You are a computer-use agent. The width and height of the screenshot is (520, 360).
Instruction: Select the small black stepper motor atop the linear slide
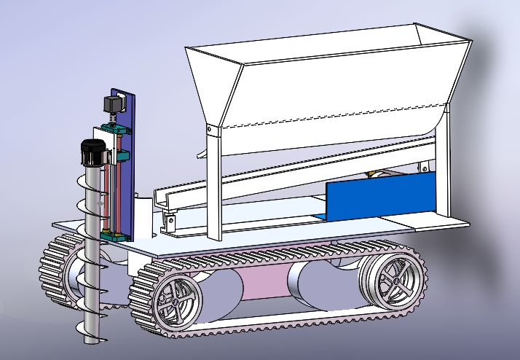(112, 105)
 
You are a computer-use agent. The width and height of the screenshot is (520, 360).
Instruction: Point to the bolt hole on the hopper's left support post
(210, 130)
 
